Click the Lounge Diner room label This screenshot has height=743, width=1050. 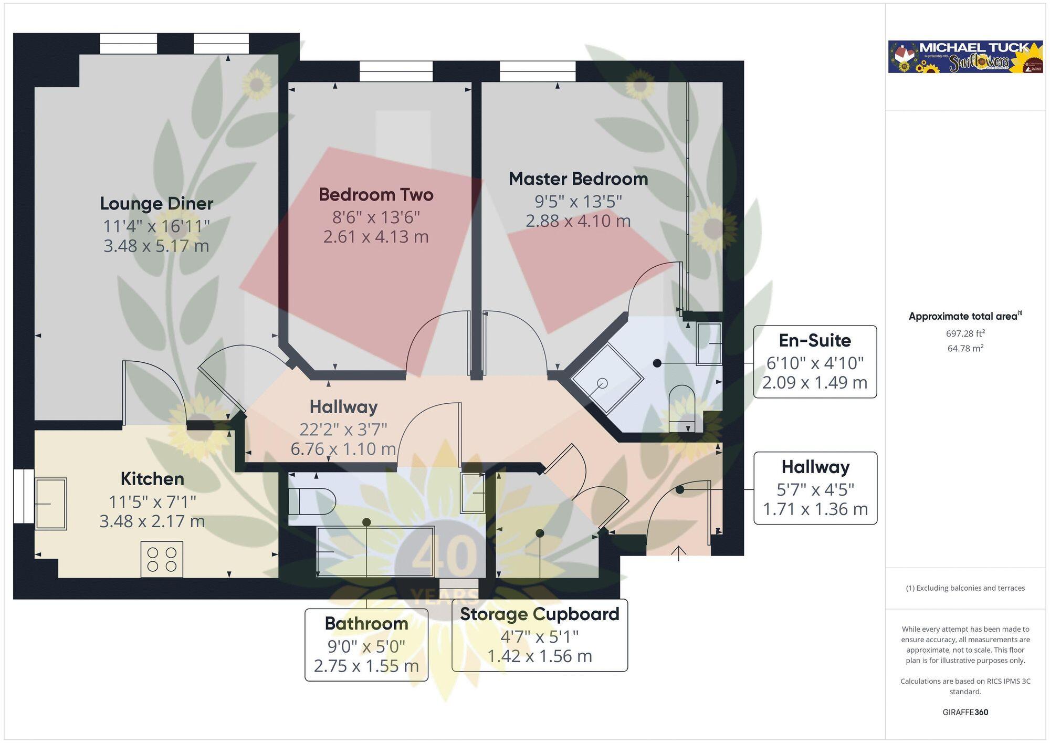(156, 204)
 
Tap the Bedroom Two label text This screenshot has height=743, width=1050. (376, 195)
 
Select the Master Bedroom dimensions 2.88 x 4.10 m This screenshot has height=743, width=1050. (578, 221)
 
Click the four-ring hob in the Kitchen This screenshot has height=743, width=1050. (162, 559)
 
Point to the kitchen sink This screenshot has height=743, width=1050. (50, 504)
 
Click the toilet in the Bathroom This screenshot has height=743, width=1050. (312, 501)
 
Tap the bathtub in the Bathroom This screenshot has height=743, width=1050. (375, 551)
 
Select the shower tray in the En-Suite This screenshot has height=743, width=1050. (607, 379)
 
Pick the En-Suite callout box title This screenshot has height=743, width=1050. (815, 341)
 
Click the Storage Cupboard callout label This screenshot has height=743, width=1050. (540, 614)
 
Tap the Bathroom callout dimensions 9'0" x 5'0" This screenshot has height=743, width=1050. (366, 646)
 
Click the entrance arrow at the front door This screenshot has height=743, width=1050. (678, 553)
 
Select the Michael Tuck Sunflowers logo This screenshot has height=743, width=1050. (965, 57)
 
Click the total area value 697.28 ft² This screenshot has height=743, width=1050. (965, 333)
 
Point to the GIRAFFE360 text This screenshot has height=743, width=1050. (965, 713)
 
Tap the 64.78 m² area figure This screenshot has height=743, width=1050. (965, 348)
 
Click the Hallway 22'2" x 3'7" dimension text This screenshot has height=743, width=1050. (343, 430)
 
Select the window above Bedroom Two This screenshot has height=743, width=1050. (396, 71)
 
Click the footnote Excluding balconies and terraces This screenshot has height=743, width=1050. (965, 588)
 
